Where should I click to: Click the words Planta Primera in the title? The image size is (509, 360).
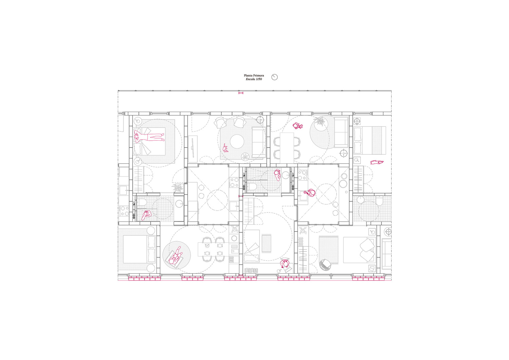254,75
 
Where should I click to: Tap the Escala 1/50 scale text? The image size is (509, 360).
254,79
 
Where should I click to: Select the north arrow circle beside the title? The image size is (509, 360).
275,77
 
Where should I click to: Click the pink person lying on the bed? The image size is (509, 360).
149,137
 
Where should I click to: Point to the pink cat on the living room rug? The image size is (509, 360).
225,148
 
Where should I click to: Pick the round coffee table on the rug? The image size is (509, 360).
237,142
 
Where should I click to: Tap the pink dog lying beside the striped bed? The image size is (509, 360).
377,162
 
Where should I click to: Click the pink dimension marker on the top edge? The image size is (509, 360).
241,93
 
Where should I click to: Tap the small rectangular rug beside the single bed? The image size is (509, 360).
266,244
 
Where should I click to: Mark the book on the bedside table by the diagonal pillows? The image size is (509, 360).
371,269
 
